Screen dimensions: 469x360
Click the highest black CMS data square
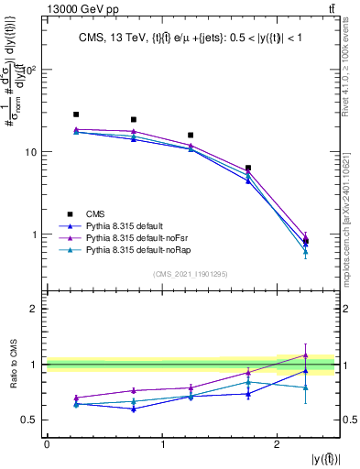(x=76, y=115)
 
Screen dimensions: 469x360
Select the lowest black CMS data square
(x=306, y=241)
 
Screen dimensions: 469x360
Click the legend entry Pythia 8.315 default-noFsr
(x=137, y=236)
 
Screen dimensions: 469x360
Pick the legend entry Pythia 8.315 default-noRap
(x=138, y=249)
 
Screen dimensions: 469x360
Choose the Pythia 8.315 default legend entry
(x=128, y=224)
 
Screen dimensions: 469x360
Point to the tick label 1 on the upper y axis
(x=36, y=234)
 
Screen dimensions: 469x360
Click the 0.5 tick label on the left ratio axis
(x=30, y=420)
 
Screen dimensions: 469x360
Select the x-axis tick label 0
(x=47, y=444)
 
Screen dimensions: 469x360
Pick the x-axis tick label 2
(x=278, y=444)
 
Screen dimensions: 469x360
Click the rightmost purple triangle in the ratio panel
(x=306, y=355)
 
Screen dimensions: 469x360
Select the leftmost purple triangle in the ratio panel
(x=76, y=398)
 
